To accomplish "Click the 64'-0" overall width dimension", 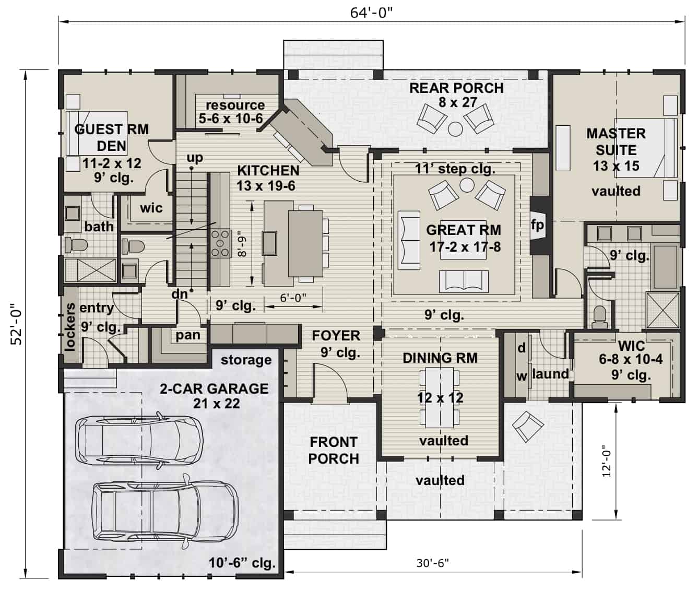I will pos(371,13).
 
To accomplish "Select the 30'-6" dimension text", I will pos(432,563).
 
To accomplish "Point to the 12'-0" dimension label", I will pos(606,461).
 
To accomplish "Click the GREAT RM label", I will pos(463,230).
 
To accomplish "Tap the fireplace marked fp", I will pos(537,225).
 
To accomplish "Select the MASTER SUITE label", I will pos(616,141).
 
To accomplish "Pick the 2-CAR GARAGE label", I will pos(214,389).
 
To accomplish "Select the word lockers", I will pos(70,326).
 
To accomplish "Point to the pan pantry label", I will pos(187,335).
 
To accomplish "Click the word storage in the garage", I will pos(246,360).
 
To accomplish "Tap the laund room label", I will pos(550,374).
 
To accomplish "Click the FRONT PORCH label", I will pos(334,450).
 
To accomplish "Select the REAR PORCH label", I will pos(456,88).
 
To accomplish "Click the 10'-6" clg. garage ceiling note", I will pos(242,563).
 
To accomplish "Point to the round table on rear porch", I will pos(456,128).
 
